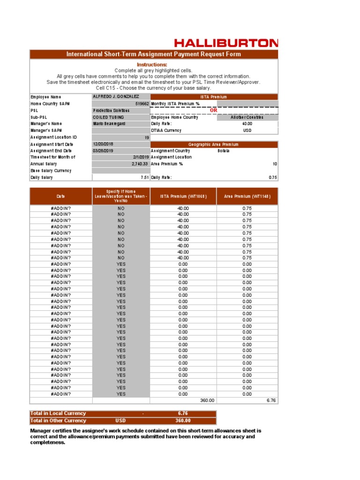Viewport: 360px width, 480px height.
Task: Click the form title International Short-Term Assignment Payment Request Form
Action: coord(154,54)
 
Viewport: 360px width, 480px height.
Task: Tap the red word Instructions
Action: coord(151,64)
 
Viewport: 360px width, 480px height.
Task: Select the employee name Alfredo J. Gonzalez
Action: coord(116,97)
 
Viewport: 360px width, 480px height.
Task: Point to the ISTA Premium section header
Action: coord(213,97)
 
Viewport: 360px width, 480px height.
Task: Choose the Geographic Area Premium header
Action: coord(213,145)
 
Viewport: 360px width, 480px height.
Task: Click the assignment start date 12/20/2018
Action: coord(103,144)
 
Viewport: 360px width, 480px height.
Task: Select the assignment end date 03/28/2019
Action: coord(103,151)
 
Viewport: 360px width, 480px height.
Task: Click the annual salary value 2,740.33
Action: coord(140,164)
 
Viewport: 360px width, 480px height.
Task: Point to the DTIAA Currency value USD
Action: coord(247,130)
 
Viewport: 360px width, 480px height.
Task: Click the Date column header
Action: coord(61,196)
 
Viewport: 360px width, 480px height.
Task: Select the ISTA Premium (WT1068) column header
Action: coord(183,196)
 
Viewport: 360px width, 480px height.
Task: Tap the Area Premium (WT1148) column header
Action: coord(247,196)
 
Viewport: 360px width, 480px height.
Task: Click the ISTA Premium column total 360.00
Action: coord(207,400)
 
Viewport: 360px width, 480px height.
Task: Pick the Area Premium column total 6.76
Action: coord(271,400)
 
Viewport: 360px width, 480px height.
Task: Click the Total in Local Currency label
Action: coord(58,413)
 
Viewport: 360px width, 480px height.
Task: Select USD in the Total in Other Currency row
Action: coord(120,420)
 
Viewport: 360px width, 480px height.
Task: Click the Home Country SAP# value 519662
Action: coord(142,104)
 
